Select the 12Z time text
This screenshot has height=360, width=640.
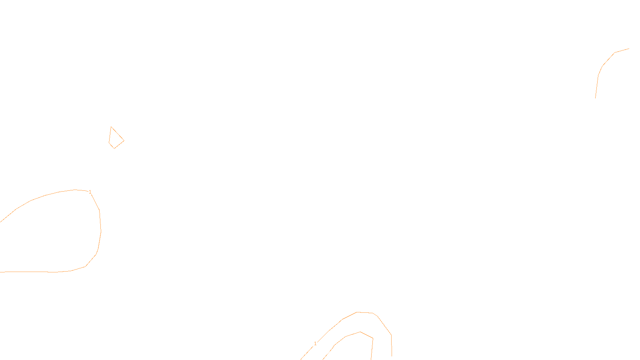(x=303, y=354)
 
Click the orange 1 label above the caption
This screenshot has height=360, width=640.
(x=315, y=344)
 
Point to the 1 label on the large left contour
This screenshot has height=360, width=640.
(x=90, y=192)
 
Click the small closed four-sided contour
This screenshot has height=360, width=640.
(x=116, y=139)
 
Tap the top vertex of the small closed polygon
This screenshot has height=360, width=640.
(x=111, y=127)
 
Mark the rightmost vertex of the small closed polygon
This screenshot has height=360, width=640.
(x=124, y=141)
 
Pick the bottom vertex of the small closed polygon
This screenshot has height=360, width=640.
(x=114, y=148)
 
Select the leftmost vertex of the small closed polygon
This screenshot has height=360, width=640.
(x=109, y=142)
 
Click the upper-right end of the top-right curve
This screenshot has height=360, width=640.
(x=629, y=49)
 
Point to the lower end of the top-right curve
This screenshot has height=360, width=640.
(x=596, y=98)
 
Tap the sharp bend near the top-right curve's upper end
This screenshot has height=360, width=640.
(x=615, y=53)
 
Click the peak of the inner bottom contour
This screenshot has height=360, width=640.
(x=360, y=332)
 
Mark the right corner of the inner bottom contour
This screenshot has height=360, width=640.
(x=373, y=338)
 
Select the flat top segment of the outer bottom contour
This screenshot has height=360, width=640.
(x=365, y=312)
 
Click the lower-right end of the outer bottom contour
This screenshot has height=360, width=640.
(x=392, y=356)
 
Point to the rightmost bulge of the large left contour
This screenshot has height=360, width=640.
(x=101, y=231)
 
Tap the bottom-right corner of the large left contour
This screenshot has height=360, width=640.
(x=86, y=266)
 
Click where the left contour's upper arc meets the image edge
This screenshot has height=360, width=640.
(x=1, y=222)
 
